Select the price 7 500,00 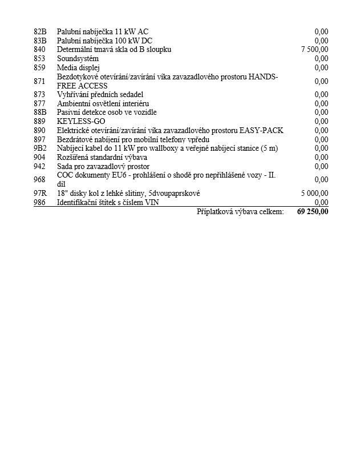pyautogui.click(x=314, y=50)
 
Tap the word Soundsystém pyautogui.click(x=78, y=59)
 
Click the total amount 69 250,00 pyautogui.click(x=313, y=212)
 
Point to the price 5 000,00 pyautogui.click(x=314, y=194)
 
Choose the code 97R pyautogui.click(x=39, y=194)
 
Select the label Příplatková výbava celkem pyautogui.click(x=240, y=212)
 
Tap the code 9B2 pyautogui.click(x=39, y=148)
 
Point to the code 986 pyautogui.click(x=39, y=203)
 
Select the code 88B pyautogui.click(x=39, y=112)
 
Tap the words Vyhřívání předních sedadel pyautogui.click(x=100, y=94)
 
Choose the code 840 pyautogui.click(x=39, y=50)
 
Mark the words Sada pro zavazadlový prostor pyautogui.click(x=103, y=167)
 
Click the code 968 pyautogui.click(x=39, y=180)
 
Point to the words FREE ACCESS pyautogui.click(x=82, y=86)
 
